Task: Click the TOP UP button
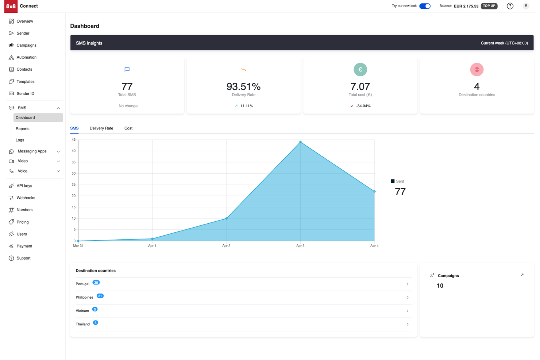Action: [489, 6]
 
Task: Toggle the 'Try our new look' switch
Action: [425, 6]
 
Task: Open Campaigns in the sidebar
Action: [26, 45]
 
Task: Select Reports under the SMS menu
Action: [23, 129]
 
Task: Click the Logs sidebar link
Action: [20, 140]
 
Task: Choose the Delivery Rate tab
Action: [101, 128]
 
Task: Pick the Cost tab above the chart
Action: [128, 128]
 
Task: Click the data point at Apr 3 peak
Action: [300, 142]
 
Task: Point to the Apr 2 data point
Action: [226, 218]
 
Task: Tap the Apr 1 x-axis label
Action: [152, 246]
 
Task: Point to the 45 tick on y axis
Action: [74, 140]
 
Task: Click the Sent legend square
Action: [393, 181]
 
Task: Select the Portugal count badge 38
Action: [96, 283]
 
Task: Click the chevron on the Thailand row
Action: [408, 324]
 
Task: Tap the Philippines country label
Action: [84, 297]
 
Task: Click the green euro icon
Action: [360, 69]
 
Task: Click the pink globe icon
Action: [477, 69]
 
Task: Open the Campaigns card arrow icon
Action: [522, 275]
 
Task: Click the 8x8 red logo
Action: [11, 6]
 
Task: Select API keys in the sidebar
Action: [24, 186]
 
